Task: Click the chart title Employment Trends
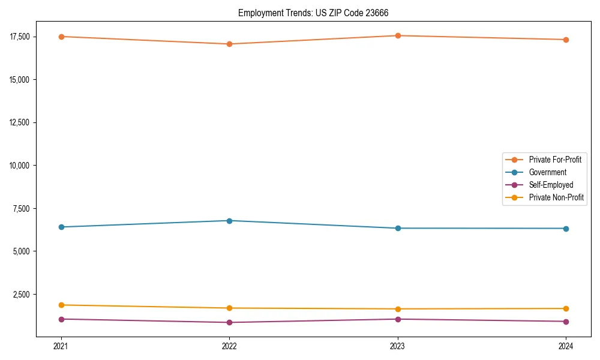[x=317, y=13]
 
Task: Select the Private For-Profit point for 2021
[x=61, y=37]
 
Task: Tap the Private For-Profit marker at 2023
[x=398, y=35]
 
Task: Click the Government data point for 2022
[x=229, y=221]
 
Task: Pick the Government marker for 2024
[x=566, y=229]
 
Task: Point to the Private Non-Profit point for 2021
[x=61, y=305]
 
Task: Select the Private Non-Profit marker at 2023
[x=398, y=309]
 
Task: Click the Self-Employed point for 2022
[x=229, y=322]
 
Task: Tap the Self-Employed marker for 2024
[x=566, y=322]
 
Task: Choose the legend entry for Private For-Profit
[x=555, y=160]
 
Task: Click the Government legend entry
[x=547, y=172]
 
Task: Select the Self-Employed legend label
[x=551, y=185]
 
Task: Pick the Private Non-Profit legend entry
[x=556, y=197]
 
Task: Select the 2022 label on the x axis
[x=229, y=346]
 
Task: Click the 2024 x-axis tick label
[x=566, y=346]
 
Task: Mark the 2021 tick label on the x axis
[x=61, y=346]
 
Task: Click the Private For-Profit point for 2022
[x=229, y=44]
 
